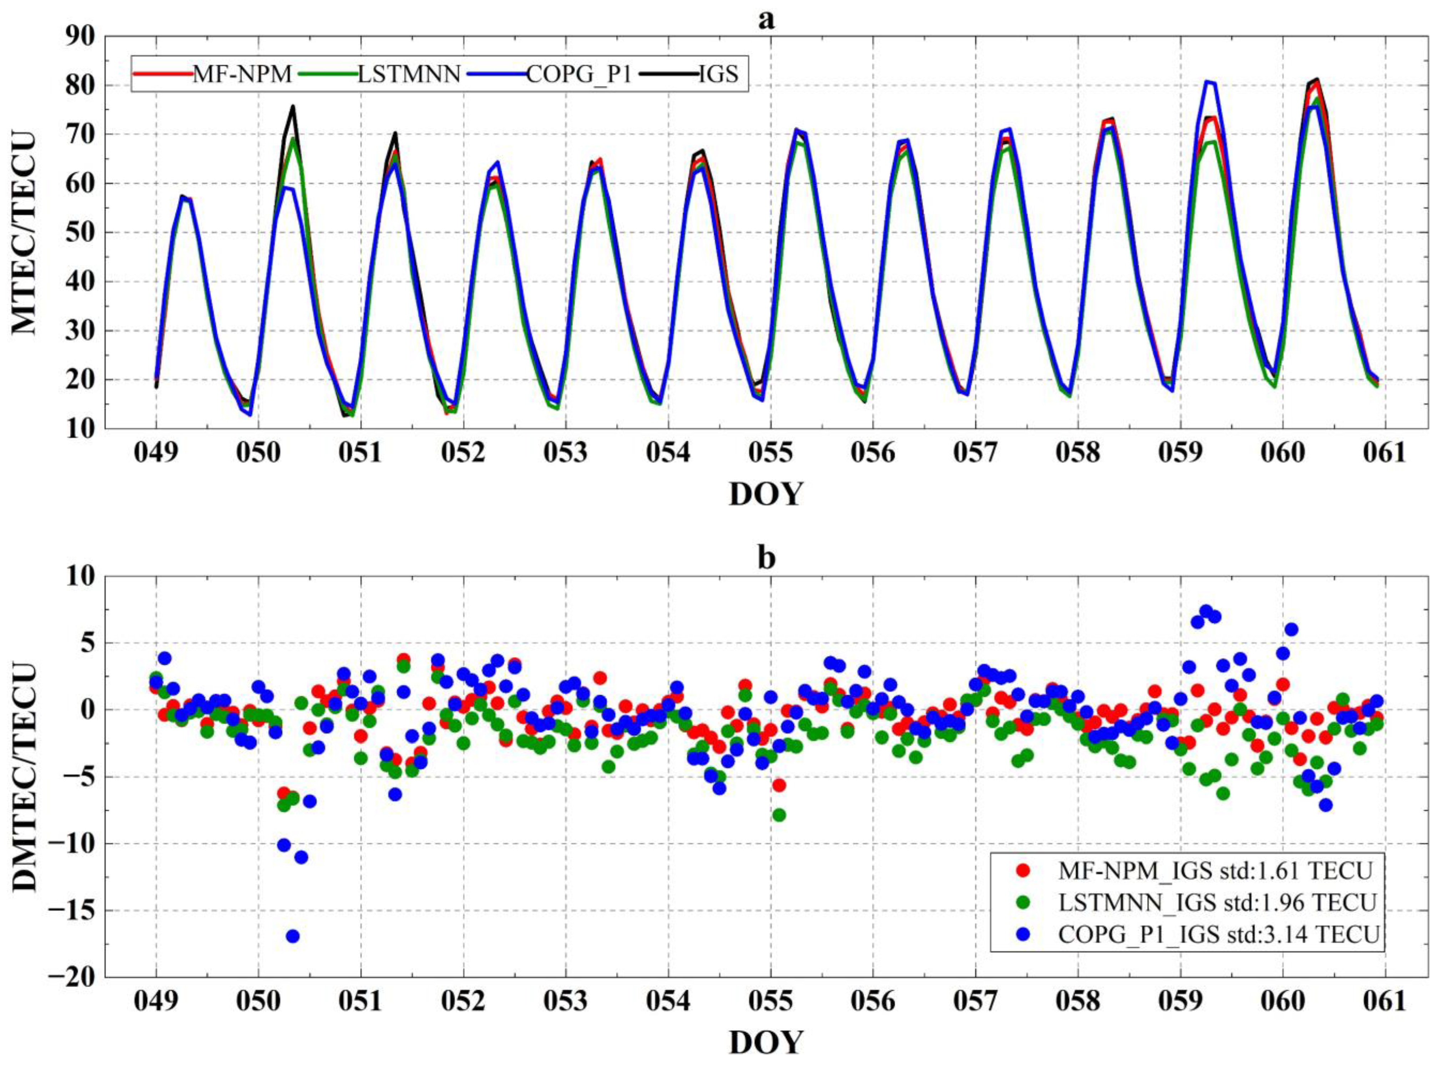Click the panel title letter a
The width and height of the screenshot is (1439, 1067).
[766, 21]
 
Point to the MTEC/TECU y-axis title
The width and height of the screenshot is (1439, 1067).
[26, 233]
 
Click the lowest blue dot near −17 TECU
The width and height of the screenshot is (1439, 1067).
[293, 936]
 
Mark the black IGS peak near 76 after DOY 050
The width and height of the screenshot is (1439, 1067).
[293, 107]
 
